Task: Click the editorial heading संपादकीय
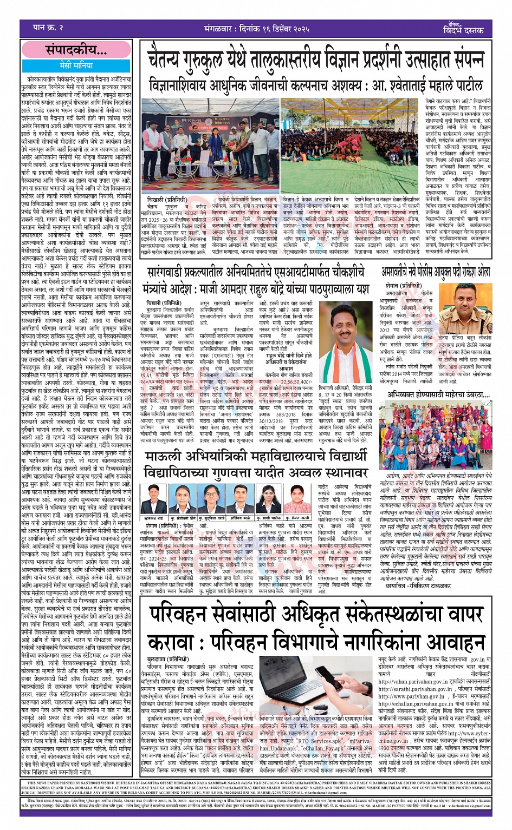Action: [x=76, y=50]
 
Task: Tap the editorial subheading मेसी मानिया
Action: [x=76, y=65]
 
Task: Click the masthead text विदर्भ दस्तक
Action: [x=463, y=30]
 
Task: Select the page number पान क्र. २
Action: [x=48, y=28]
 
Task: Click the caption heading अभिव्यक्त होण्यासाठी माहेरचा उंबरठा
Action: [x=438, y=394]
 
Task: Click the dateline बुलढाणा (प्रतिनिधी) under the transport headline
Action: [x=168, y=660]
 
